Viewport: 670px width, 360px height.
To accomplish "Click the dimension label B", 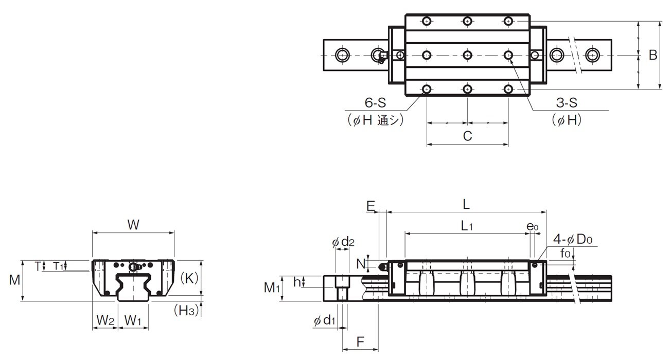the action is [x=653, y=55].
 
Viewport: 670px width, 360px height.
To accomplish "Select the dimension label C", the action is [x=467, y=136].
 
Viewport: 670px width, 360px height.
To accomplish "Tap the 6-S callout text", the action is [x=375, y=102].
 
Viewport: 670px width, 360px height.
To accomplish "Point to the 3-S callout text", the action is [x=567, y=102].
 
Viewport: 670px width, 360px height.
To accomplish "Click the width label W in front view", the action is [x=133, y=225].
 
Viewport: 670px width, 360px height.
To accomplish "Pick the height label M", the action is [x=14, y=280].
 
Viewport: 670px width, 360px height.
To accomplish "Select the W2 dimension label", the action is [x=105, y=320].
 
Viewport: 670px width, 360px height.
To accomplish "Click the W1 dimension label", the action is [x=132, y=320].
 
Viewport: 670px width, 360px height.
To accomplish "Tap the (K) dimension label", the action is [x=189, y=278].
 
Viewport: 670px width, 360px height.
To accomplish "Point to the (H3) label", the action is [x=186, y=311].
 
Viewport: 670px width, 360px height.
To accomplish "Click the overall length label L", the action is [x=466, y=205].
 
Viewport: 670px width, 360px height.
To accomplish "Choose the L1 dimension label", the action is [x=467, y=226].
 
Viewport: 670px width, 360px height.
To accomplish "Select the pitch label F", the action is [x=360, y=341].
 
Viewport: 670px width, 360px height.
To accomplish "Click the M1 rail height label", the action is [x=272, y=287].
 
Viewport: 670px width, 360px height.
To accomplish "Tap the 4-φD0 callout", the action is [x=573, y=239].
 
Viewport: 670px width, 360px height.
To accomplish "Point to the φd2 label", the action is [x=343, y=242].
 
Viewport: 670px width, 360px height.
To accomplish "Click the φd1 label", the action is [x=325, y=320].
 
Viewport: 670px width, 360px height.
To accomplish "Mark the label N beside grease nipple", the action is [x=361, y=264].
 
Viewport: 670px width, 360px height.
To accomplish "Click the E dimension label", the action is [x=371, y=206].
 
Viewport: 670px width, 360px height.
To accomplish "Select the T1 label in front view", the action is [x=58, y=265].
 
